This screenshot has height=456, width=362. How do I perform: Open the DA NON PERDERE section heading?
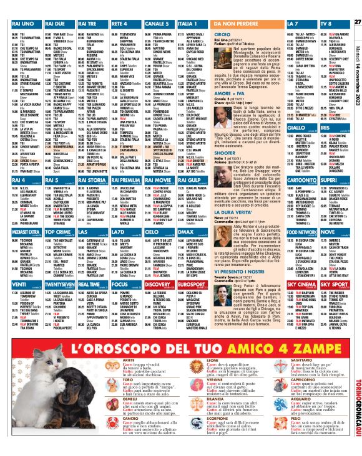click(240, 23)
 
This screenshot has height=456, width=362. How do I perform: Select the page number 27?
click(357, 5)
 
